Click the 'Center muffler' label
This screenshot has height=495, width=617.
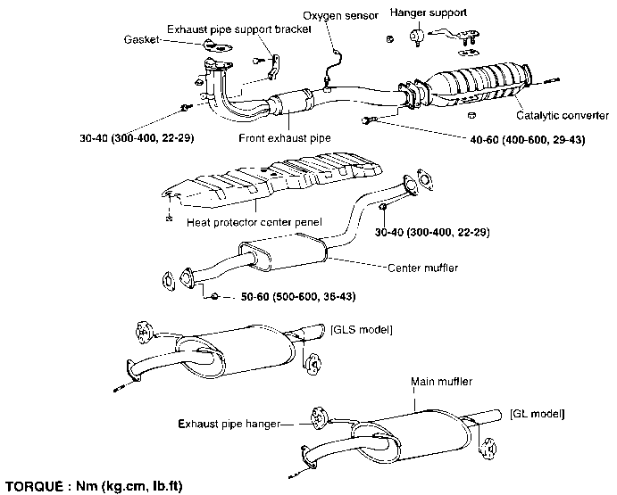point(424,267)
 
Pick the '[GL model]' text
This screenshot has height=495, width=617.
point(538,414)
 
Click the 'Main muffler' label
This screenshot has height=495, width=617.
point(441,381)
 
